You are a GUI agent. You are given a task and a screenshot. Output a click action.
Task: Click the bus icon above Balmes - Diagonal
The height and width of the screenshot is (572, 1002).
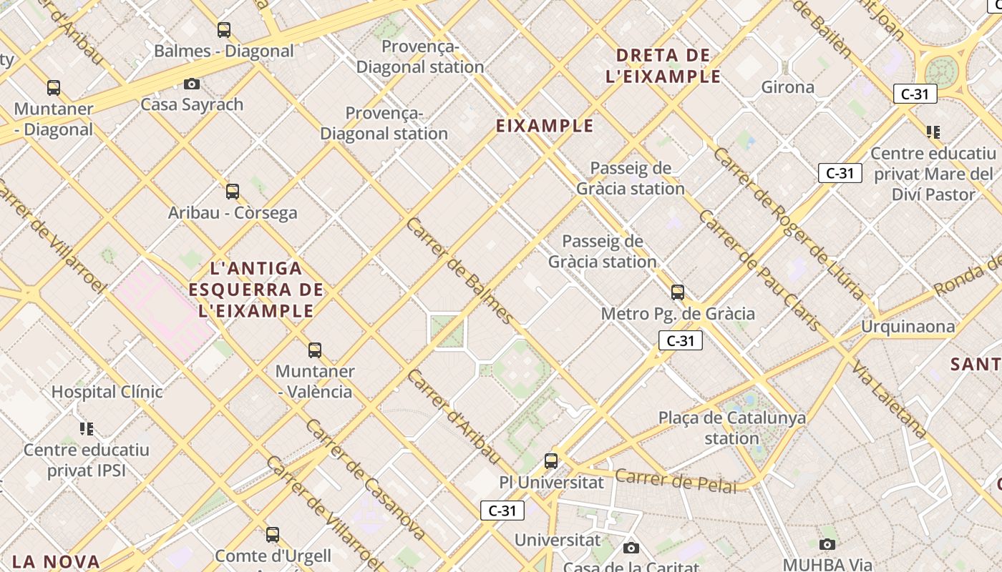(x=224, y=30)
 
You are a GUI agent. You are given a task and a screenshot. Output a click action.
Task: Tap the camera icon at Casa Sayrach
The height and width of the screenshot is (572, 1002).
(x=192, y=84)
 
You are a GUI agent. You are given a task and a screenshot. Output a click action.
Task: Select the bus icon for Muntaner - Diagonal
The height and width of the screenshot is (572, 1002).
(x=54, y=88)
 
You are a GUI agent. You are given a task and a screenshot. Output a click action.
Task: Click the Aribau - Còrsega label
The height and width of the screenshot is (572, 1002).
(x=233, y=213)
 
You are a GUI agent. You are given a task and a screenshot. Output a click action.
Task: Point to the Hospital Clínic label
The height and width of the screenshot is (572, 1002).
(x=107, y=392)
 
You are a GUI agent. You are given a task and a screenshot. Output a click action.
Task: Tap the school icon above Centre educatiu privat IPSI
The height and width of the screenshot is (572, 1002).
(x=87, y=429)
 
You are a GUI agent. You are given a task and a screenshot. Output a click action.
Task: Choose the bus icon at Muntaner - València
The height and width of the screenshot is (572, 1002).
(x=315, y=350)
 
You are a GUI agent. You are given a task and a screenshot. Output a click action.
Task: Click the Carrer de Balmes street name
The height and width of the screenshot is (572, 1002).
(x=459, y=271)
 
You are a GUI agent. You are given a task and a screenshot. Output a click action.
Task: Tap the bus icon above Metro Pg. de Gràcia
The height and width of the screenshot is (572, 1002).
(x=678, y=292)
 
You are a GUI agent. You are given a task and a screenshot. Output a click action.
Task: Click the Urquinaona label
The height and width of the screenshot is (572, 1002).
(x=908, y=327)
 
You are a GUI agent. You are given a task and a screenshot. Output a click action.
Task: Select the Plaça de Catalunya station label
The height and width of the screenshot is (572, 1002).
(x=731, y=428)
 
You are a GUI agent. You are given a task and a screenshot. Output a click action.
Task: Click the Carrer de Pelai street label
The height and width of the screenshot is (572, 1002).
(x=676, y=480)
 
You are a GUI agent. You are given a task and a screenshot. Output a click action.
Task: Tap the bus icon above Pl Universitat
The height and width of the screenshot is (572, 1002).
(x=551, y=461)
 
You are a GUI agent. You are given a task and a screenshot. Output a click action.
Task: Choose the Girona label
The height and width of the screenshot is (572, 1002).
(x=787, y=87)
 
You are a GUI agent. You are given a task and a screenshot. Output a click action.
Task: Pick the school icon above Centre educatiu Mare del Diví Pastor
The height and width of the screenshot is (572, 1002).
(x=933, y=132)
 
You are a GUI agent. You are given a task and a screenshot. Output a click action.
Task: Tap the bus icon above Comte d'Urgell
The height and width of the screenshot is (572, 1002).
(x=273, y=535)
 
